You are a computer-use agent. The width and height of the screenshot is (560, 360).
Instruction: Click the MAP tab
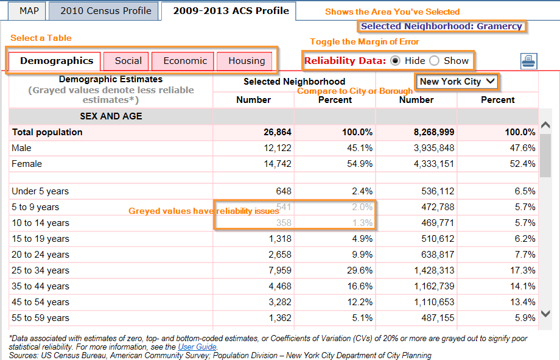(x=29, y=11)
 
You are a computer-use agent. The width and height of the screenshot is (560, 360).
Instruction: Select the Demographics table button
(x=57, y=61)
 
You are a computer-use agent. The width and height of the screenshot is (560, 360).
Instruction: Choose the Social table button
(x=128, y=61)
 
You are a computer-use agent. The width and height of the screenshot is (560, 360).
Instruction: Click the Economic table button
(x=185, y=61)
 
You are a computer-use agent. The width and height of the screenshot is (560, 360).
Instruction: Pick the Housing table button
(x=247, y=61)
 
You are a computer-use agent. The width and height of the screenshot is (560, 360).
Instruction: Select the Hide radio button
(x=395, y=61)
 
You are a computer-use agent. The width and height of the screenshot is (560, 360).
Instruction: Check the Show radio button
(x=434, y=61)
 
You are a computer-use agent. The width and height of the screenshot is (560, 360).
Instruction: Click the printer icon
(x=529, y=62)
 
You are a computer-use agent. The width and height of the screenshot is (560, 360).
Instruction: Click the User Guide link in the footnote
(x=197, y=347)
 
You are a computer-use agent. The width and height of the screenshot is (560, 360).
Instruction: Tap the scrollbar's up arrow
(x=545, y=125)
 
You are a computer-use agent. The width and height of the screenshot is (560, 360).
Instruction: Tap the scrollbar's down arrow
(x=545, y=314)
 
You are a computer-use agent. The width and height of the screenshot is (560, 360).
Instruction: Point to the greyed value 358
(x=284, y=223)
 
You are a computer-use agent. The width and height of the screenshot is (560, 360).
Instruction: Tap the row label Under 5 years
(x=40, y=191)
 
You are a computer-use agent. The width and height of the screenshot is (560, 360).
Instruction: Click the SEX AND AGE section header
(x=111, y=116)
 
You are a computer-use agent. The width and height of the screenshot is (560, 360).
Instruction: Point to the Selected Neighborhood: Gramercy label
(x=441, y=26)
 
